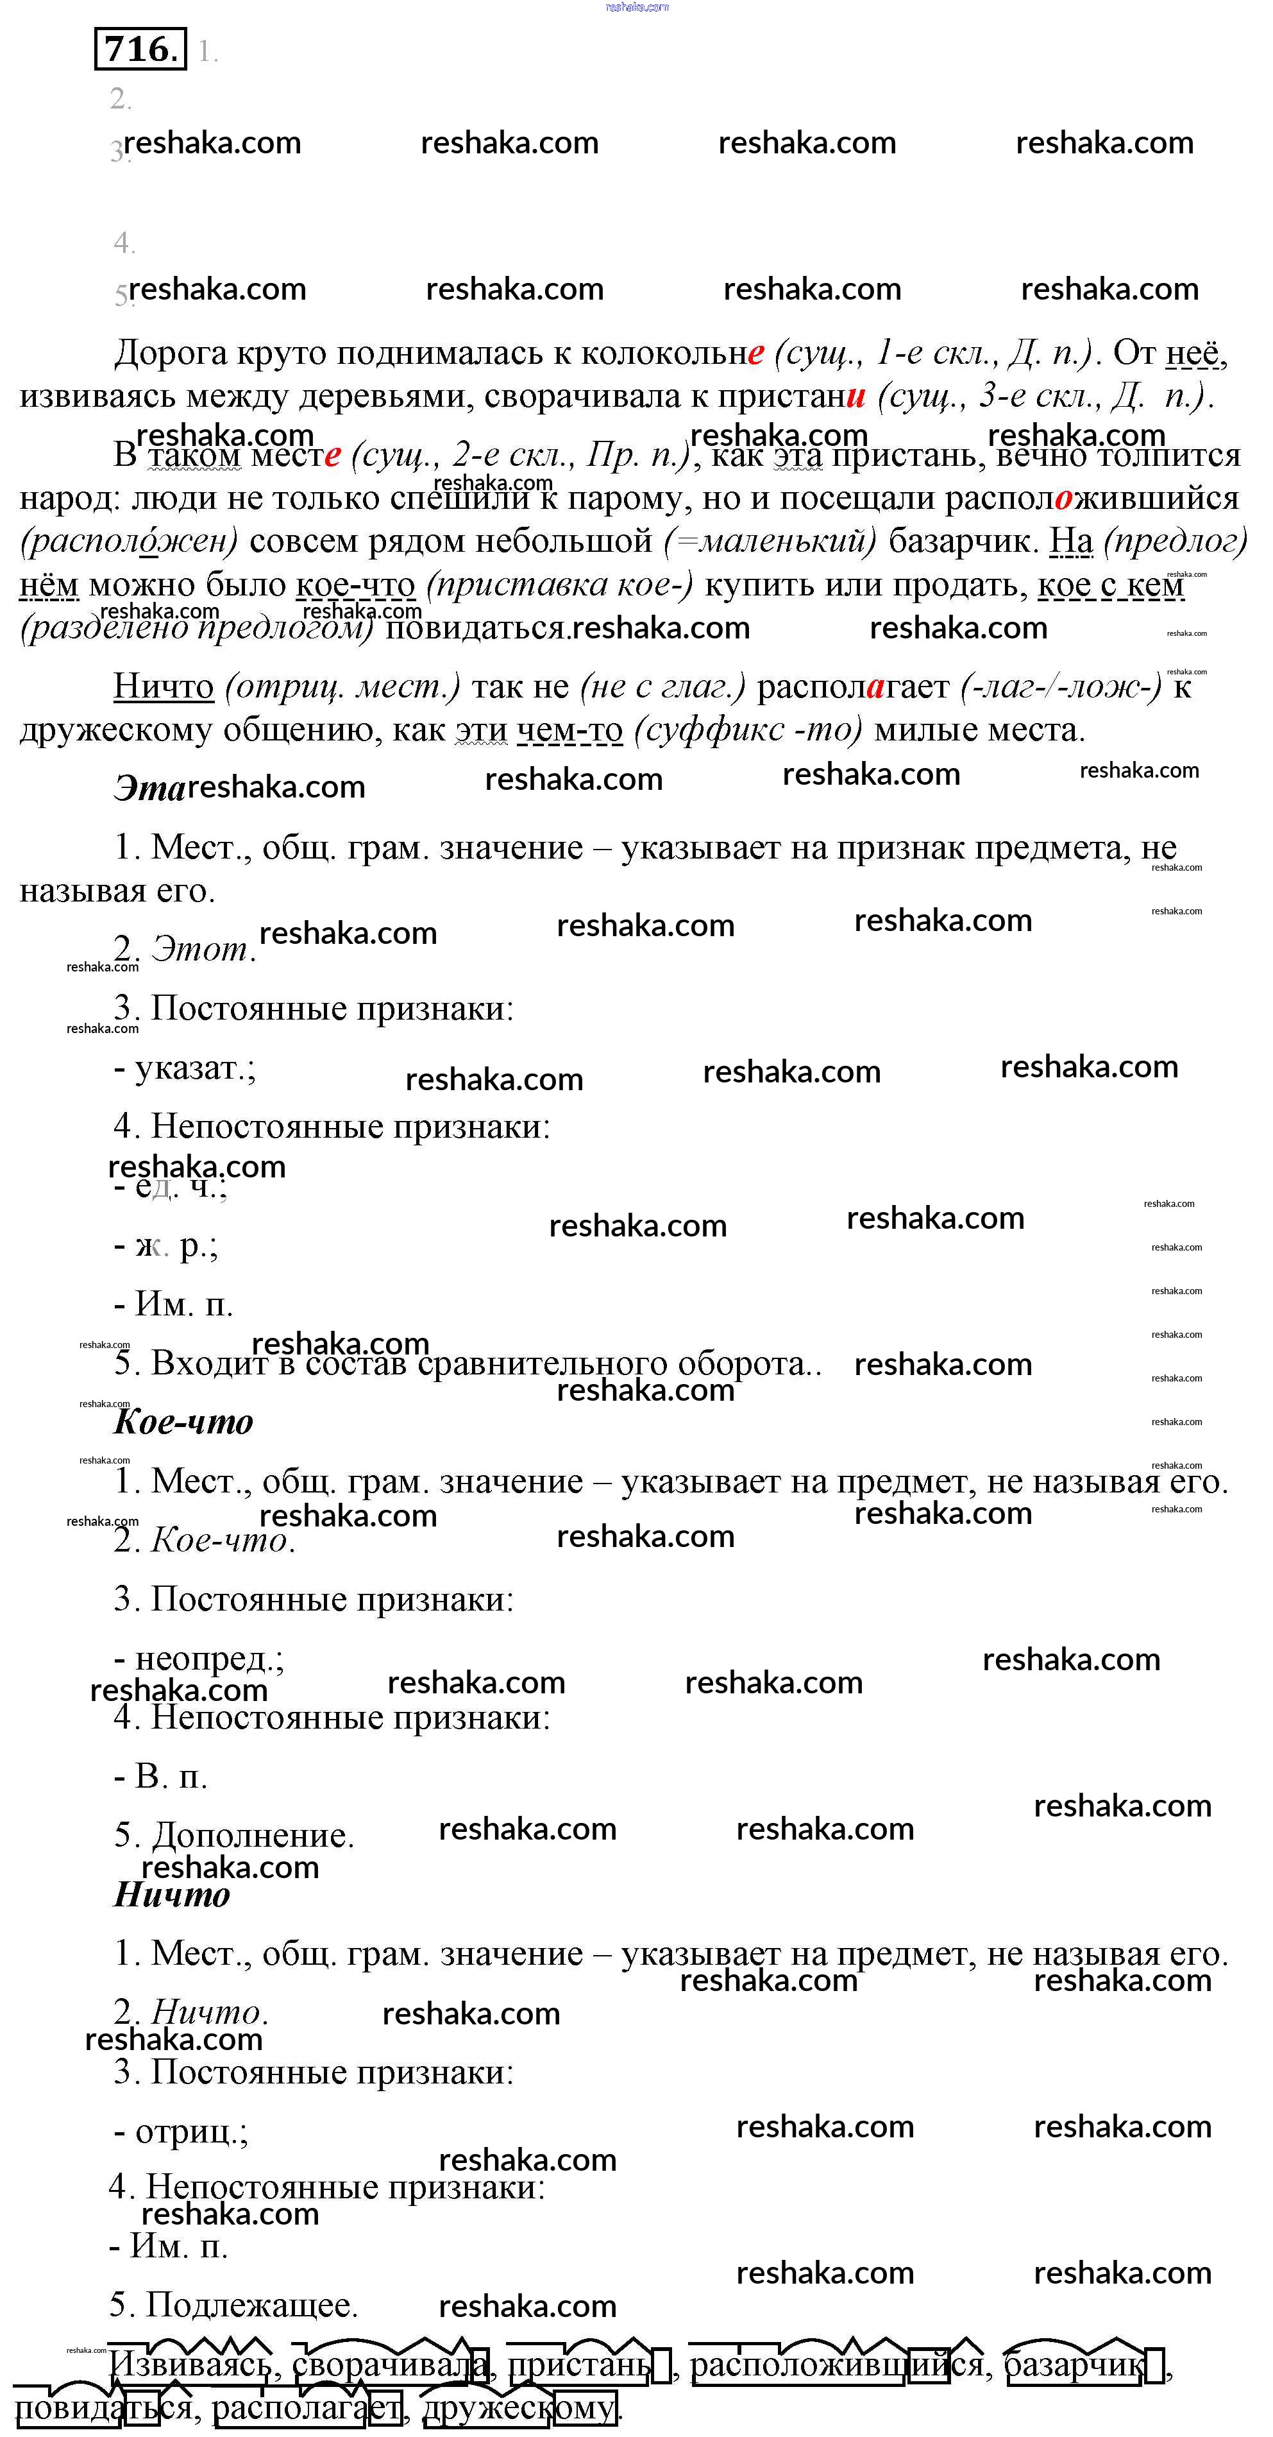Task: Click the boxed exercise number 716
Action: click(x=140, y=49)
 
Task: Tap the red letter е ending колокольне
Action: click(x=755, y=354)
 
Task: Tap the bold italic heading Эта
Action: click(x=149, y=787)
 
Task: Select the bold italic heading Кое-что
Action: click(x=183, y=1422)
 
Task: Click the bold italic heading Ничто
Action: click(x=171, y=1895)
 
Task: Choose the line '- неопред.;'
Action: click(x=199, y=1659)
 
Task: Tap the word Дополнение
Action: click(x=251, y=1835)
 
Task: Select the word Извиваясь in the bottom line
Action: click(x=190, y=2366)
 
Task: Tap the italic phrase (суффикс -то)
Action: click(x=747, y=730)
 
